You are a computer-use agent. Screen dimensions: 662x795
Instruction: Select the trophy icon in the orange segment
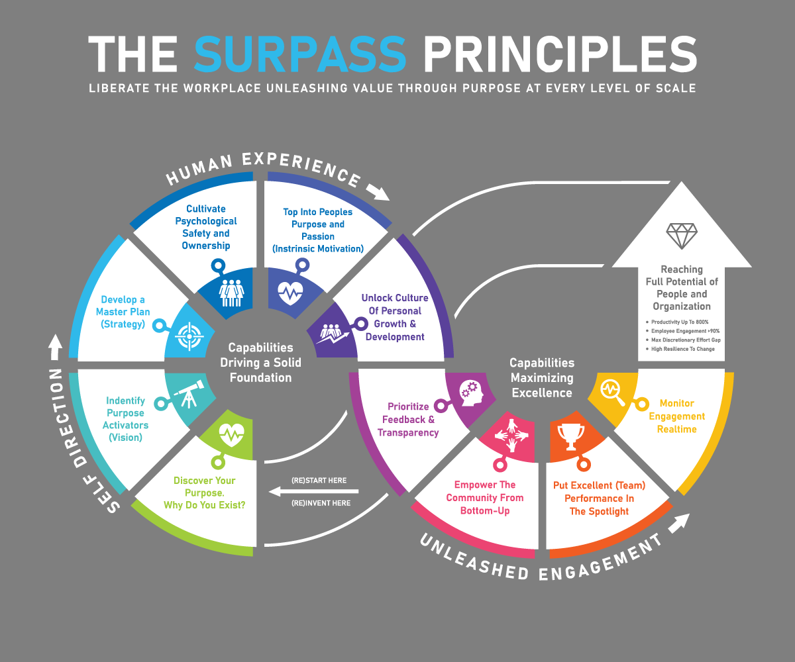[x=570, y=434]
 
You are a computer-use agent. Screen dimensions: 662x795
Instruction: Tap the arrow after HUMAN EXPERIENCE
[x=378, y=191]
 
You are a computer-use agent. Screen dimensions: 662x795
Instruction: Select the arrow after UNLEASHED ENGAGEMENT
[x=678, y=524]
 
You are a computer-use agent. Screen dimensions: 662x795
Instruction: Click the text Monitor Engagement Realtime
[x=677, y=416]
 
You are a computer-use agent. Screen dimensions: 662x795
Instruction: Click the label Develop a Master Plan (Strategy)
[x=123, y=312]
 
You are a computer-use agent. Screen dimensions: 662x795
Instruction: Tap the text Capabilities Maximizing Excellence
[x=542, y=378]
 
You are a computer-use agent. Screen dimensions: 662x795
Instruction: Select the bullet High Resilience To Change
[x=682, y=349]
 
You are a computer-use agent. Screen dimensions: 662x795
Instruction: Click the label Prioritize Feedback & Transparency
[x=408, y=419]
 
